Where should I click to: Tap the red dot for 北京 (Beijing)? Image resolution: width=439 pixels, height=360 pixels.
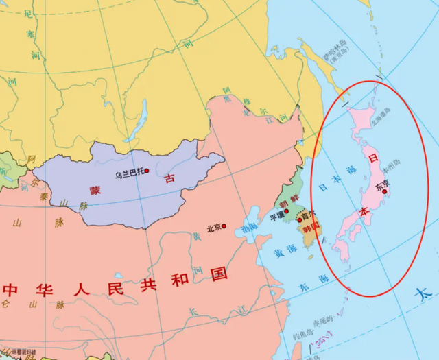point(224,227)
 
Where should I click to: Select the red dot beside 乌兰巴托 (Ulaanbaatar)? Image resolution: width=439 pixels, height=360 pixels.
point(147,171)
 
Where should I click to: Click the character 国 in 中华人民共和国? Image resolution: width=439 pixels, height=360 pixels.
point(219,275)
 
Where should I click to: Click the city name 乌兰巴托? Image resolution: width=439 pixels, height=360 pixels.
point(128,171)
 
